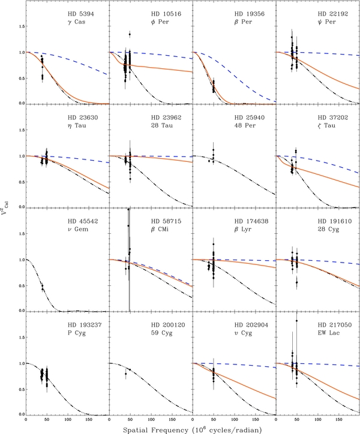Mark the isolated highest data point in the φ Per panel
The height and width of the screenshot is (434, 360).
click(130, 34)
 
